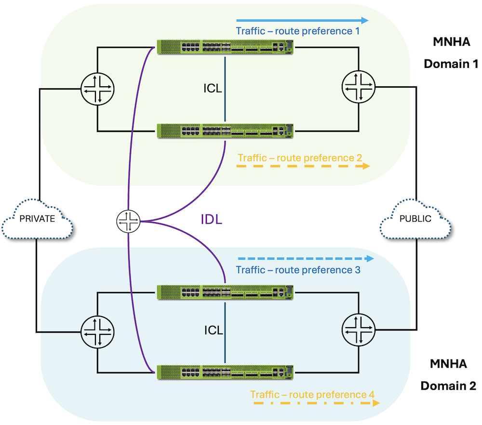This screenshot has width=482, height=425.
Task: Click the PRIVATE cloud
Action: click(x=37, y=219)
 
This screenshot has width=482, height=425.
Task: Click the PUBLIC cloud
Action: click(x=415, y=219)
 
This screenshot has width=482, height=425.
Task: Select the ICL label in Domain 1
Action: click(x=213, y=89)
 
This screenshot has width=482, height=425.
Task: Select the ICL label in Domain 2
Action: click(x=213, y=331)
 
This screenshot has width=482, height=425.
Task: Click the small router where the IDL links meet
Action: click(x=129, y=222)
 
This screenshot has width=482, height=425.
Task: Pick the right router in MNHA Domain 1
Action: click(x=358, y=87)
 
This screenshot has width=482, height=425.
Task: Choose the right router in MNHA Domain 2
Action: click(x=358, y=330)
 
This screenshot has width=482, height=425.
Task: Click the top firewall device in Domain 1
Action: click(x=225, y=47)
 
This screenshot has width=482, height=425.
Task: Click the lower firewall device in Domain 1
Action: click(x=225, y=131)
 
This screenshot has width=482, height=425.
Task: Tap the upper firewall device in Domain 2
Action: click(x=225, y=292)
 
